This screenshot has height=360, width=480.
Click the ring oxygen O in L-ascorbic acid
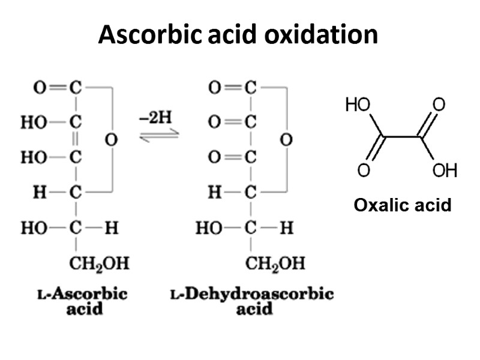110,140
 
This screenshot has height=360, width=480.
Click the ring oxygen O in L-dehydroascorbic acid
286,140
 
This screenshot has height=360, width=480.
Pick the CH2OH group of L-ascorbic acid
100,263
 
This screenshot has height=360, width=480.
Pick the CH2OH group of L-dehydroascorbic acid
275,263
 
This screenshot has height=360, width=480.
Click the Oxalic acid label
402,206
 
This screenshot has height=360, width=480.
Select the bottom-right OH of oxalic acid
445,171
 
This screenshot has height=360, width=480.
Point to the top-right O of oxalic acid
439,106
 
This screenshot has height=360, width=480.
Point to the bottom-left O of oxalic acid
364,171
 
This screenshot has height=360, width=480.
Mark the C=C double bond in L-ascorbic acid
75,140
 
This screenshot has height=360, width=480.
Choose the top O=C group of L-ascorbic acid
57,88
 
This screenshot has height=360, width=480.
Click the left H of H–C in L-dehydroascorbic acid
213,193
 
